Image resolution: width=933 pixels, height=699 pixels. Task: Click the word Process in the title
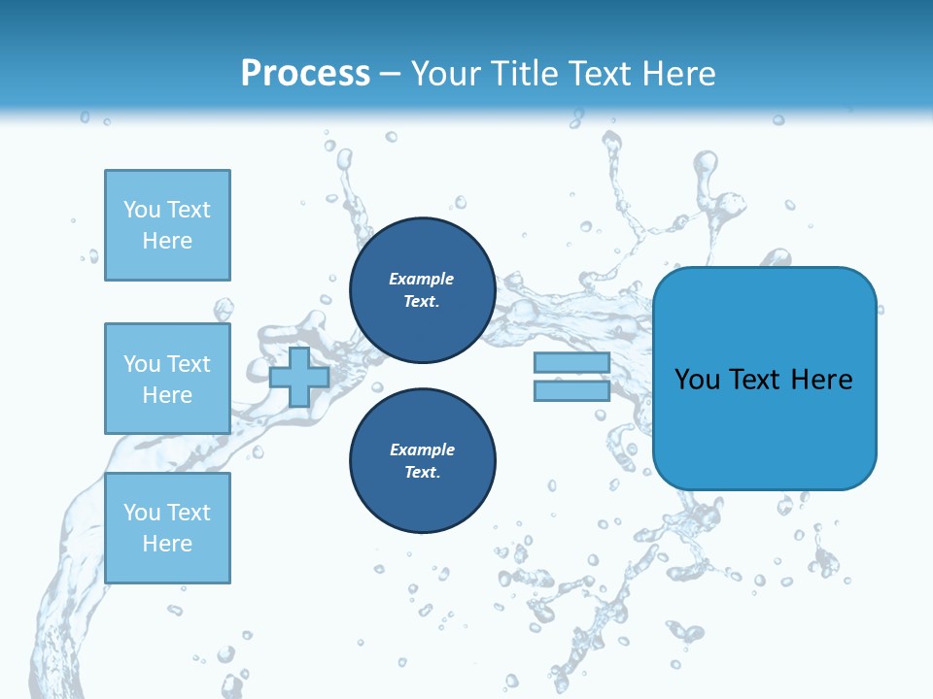[x=305, y=74]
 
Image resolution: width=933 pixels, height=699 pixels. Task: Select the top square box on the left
[x=167, y=225]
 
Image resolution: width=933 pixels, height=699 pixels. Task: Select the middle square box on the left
[x=167, y=379]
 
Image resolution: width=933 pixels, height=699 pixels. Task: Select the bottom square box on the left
[x=167, y=527]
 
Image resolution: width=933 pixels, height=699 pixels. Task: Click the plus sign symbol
[x=299, y=377]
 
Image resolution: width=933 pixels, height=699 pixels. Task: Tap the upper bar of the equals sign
[x=571, y=363]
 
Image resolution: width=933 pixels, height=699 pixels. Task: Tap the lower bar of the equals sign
[x=571, y=391]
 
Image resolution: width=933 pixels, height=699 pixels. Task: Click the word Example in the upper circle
[x=422, y=279]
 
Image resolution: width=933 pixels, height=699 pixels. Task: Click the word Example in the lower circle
[x=422, y=449]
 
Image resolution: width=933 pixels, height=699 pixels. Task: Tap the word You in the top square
[x=142, y=210]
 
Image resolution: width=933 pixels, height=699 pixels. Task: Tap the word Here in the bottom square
[x=167, y=544]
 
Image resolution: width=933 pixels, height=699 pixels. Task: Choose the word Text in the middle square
[x=188, y=364]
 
